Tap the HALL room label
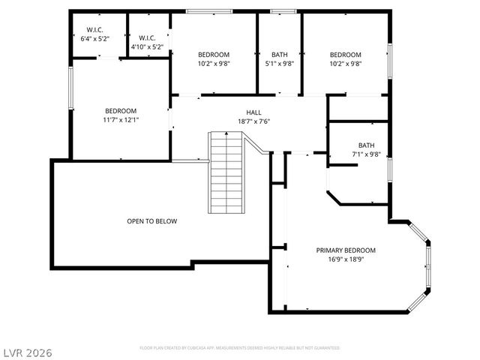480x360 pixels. [232, 112]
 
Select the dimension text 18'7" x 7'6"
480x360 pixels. [232, 121]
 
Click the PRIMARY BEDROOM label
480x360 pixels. [346, 250]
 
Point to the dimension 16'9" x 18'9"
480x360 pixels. [346, 259]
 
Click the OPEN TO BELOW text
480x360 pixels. [151, 221]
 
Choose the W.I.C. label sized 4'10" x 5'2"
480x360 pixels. [147, 38]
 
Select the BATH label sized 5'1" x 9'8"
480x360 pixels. [279, 55]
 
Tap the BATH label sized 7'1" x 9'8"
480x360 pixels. [366, 145]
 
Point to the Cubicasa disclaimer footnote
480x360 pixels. [240, 348]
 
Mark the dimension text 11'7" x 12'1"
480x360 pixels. [120, 118]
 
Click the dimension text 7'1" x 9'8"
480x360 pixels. [366, 154]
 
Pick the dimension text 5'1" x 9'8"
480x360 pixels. [279, 64]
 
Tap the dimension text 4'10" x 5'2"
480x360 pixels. [147, 46]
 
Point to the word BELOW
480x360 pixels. [166, 221]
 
